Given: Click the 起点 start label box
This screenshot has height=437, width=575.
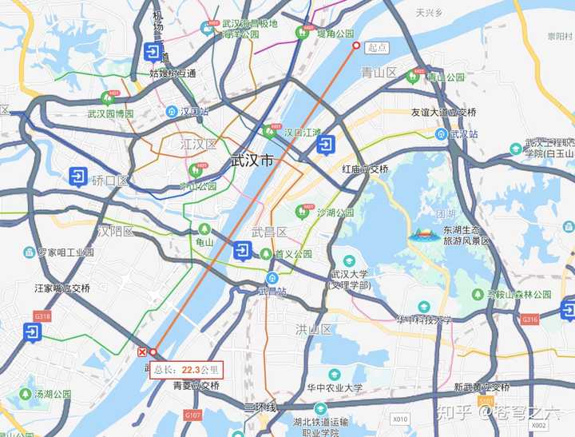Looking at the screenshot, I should tap(377, 48).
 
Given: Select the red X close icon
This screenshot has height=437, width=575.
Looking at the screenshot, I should tap(142, 352).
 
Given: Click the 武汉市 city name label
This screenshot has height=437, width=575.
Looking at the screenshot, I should tap(251, 161).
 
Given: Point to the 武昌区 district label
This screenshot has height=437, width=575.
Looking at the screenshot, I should tap(269, 232).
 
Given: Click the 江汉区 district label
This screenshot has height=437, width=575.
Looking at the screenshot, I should tap(198, 145).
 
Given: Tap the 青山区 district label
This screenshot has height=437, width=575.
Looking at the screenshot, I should tap(379, 73).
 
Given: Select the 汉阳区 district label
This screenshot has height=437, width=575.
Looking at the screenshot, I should tap(117, 231).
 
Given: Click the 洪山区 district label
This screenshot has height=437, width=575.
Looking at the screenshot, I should tap(313, 329).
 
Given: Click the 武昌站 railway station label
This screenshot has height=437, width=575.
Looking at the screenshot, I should tap(272, 291).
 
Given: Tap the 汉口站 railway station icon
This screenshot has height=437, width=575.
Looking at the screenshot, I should tap(172, 111).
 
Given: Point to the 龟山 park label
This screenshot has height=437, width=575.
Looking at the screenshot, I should tap(205, 241).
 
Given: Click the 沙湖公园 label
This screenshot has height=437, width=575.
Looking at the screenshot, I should tap(335, 213).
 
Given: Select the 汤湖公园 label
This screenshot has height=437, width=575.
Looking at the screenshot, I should tap(52, 394).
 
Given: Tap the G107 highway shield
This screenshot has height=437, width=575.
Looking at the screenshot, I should tap(192, 415).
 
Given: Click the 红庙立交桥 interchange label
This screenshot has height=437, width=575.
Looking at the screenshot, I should tap(365, 169).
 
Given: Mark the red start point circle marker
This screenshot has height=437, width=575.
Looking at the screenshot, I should tap(357, 46).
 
